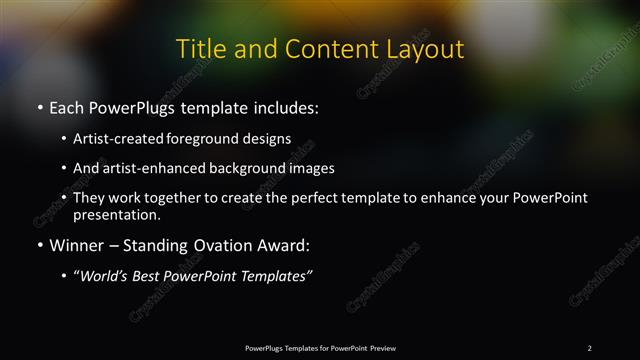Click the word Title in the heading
(x=200, y=49)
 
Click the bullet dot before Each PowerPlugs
(x=39, y=106)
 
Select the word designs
(x=271, y=138)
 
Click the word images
(x=307, y=168)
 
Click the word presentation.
(x=116, y=214)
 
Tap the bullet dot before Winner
(x=39, y=245)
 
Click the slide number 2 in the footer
(x=589, y=347)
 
